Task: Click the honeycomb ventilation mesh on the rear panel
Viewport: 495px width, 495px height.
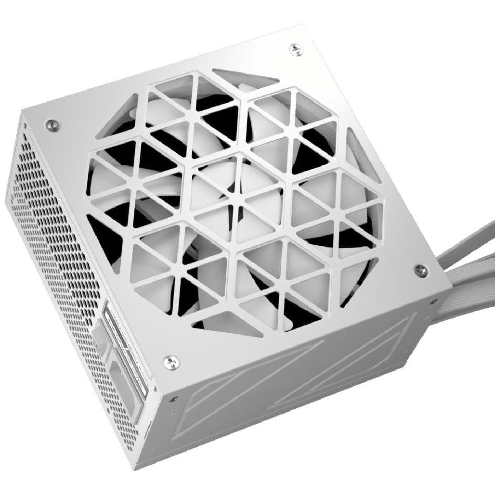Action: [x=53, y=230]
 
